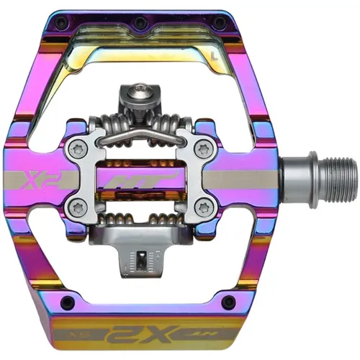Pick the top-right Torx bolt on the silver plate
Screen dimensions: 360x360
[x=202, y=151]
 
